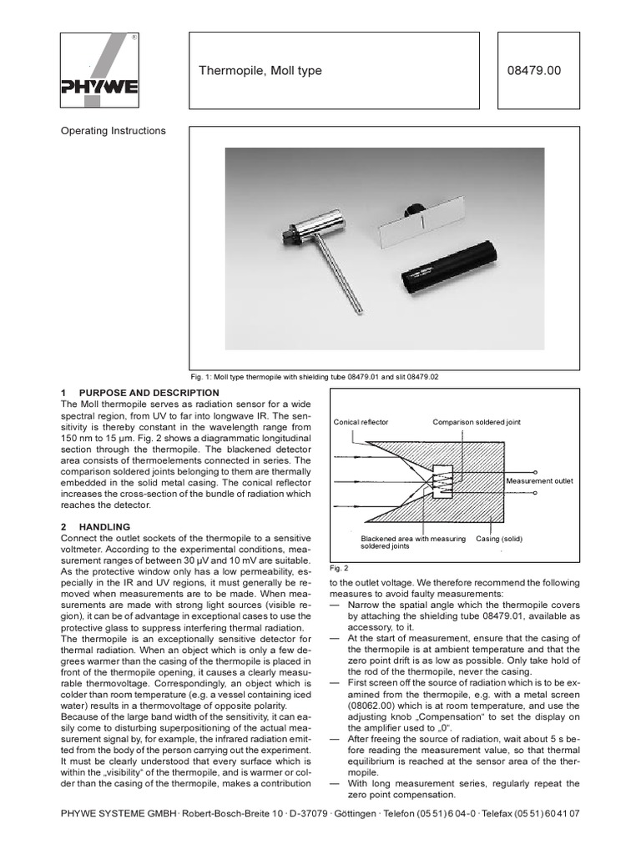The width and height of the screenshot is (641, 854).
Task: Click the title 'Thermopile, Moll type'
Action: (260, 71)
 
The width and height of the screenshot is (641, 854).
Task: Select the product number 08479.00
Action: (533, 71)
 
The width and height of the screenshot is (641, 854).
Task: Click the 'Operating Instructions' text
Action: (114, 131)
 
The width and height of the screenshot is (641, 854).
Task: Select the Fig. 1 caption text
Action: (326, 377)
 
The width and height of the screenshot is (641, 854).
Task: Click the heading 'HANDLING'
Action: (104, 527)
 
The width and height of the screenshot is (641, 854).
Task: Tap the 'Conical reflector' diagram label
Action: (361, 422)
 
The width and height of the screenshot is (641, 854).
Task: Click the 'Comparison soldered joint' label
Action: (476, 422)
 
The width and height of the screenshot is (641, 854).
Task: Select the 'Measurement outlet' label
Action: (539, 482)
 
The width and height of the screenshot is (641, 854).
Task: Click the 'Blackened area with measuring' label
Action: (412, 539)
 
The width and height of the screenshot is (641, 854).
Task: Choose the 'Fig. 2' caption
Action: (338, 566)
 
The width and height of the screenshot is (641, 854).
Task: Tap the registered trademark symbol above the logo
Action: (135, 38)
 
